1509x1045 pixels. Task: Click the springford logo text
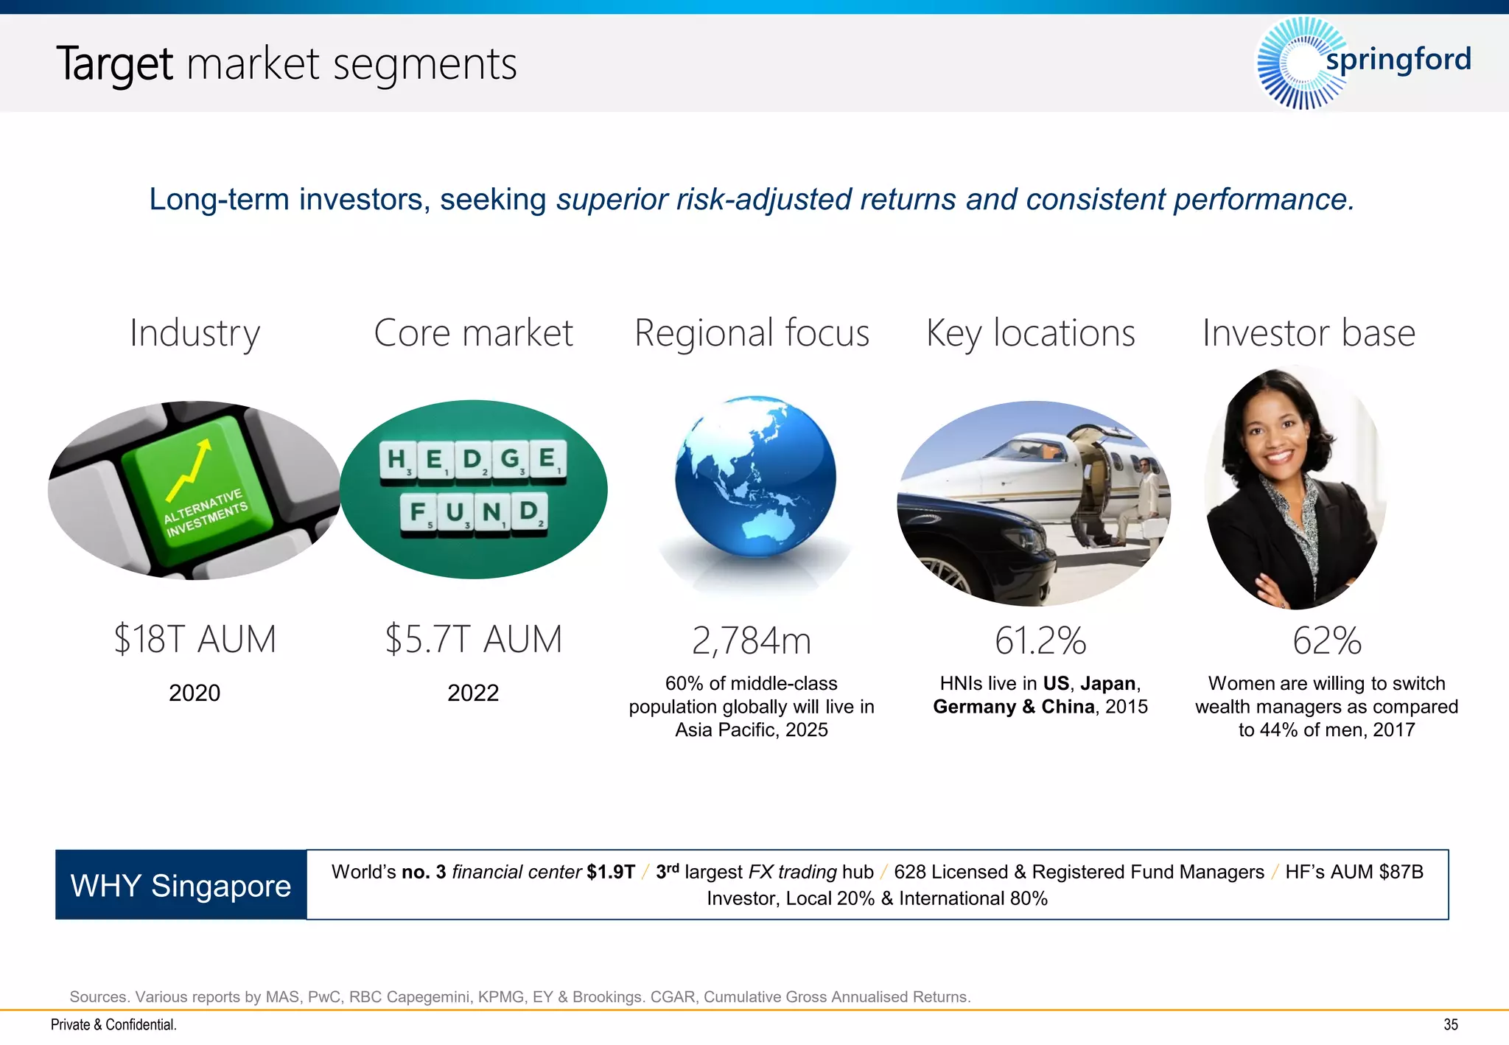(1398, 60)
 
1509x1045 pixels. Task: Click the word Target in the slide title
(114, 64)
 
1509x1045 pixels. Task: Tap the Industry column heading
(195, 333)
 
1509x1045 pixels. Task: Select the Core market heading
(473, 333)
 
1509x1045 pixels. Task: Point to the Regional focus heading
(752, 333)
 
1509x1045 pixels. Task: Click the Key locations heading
(1030, 333)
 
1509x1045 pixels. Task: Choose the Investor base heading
(1309, 333)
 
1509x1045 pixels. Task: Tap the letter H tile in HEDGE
(396, 458)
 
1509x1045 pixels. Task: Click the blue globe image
(755, 475)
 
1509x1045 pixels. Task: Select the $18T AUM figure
(195, 639)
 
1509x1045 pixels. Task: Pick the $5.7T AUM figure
(473, 639)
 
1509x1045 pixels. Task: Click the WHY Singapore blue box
(181, 885)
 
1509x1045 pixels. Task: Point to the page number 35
(1450, 1025)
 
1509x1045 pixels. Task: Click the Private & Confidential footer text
(113, 1025)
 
